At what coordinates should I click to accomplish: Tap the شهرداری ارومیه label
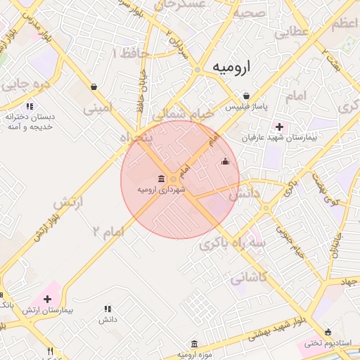pos(162,190)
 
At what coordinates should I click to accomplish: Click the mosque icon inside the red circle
pos(225,162)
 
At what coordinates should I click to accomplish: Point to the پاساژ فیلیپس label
pos(245,107)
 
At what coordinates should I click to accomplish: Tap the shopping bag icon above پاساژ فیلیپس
pos(245,96)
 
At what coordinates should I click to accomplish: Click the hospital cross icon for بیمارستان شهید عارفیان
pos(280,127)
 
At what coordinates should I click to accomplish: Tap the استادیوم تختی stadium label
pos(328,343)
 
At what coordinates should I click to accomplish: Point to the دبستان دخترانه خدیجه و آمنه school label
pos(30,121)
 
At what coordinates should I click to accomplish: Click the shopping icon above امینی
pos(94,87)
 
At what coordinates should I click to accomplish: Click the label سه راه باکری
pos(224,240)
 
